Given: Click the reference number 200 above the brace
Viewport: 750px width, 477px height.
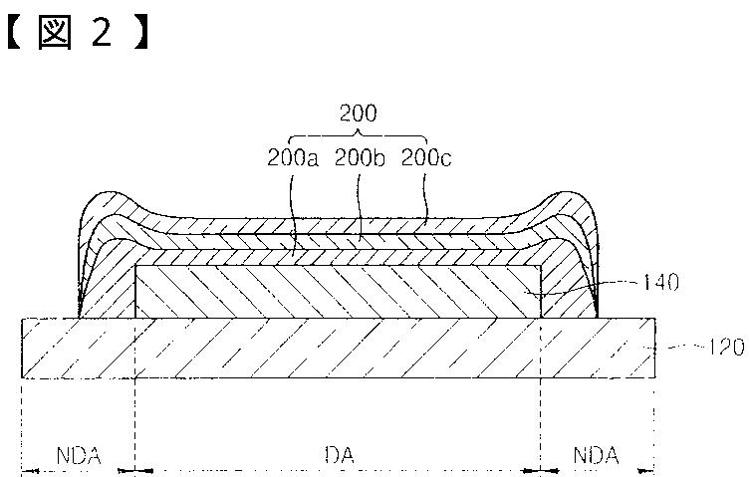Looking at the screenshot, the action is click(358, 113).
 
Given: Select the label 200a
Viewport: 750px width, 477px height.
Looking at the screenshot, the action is click(292, 158).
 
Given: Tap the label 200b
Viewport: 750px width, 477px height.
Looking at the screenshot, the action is click(360, 158).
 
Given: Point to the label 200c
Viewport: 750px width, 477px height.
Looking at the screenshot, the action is click(425, 158).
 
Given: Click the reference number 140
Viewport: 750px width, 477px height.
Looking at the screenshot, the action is click(660, 282).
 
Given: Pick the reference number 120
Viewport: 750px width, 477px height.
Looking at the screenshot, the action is click(726, 347).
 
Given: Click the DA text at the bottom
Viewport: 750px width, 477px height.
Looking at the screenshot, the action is click(340, 455).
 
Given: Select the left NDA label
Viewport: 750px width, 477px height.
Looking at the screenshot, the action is click(79, 456).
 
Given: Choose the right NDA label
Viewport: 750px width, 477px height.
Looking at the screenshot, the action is click(596, 455).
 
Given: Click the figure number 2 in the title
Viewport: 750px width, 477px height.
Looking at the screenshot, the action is click(102, 32).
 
